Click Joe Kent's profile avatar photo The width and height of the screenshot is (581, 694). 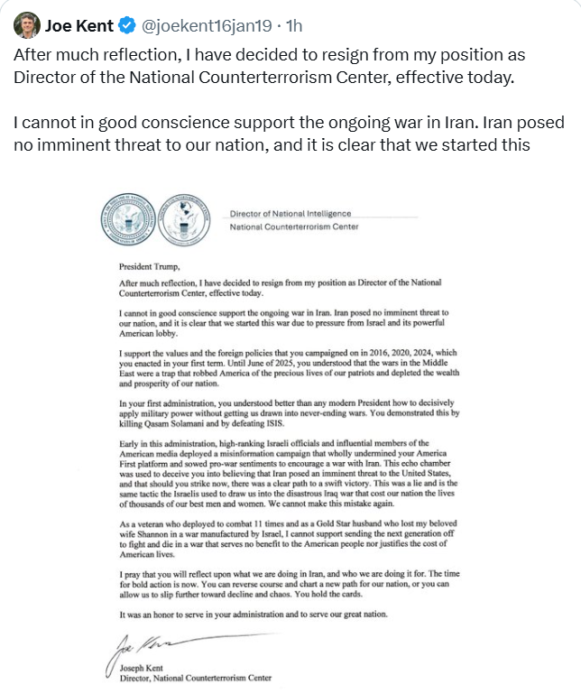point(24,22)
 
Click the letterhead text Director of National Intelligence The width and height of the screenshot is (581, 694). point(290,214)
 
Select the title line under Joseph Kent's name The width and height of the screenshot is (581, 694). point(195,678)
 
